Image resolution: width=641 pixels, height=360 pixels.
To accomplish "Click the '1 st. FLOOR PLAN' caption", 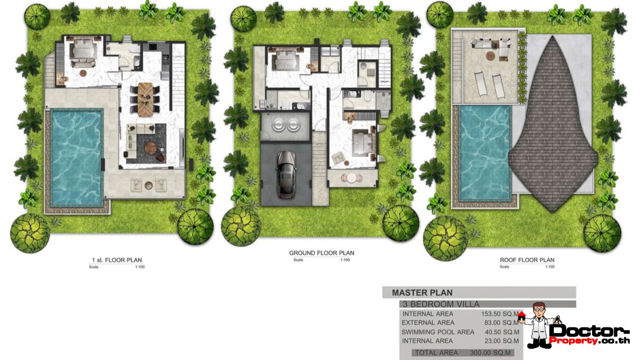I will click(x=116, y=260).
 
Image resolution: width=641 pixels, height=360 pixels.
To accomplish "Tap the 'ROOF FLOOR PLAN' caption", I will click(x=527, y=260).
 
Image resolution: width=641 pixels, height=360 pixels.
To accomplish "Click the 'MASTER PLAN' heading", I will click(x=422, y=292).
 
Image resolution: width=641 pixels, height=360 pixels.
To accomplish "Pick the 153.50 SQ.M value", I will click(x=500, y=314).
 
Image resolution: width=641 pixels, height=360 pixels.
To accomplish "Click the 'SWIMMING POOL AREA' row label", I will click(x=437, y=332).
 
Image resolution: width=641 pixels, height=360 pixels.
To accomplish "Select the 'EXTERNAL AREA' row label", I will click(x=428, y=323).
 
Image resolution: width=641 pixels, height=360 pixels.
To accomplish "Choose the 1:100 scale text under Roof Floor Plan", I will click(x=549, y=267).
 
